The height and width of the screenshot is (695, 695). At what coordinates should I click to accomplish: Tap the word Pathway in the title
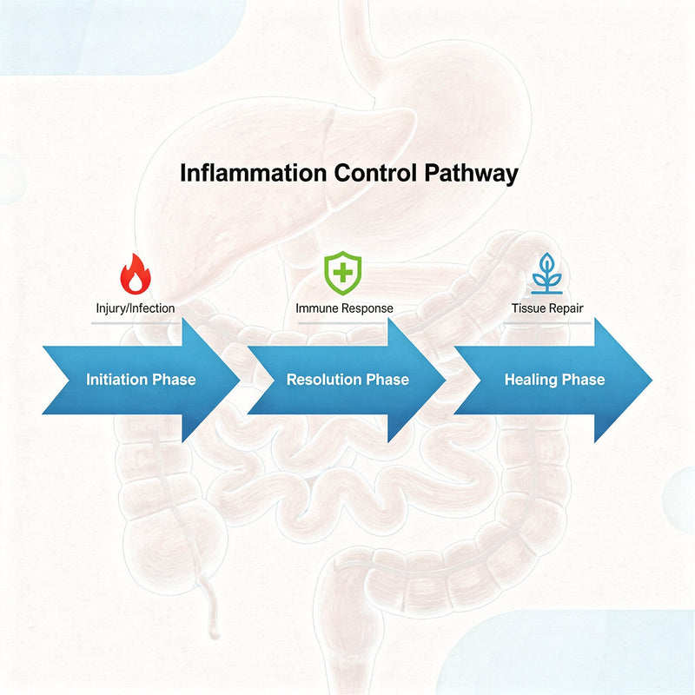pos(472,173)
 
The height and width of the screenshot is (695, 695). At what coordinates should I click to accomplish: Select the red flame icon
pos(135,275)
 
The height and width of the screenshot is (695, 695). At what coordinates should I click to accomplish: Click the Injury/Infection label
pos(135,308)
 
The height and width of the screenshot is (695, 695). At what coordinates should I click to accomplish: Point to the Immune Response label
pos(344,308)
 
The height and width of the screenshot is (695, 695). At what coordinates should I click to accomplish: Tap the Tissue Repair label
pos(546,308)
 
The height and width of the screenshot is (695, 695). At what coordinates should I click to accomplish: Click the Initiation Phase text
pos(141,380)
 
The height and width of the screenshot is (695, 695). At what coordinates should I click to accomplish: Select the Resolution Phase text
pos(347,380)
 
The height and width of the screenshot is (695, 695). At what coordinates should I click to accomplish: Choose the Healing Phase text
pos(554,380)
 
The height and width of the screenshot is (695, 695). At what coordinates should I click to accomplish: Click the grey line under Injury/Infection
pos(135,323)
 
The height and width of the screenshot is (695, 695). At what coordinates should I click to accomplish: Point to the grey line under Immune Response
pos(344,323)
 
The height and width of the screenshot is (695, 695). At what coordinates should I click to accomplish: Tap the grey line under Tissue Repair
pos(546,323)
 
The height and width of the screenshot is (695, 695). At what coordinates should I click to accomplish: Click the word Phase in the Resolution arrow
pos(387,380)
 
